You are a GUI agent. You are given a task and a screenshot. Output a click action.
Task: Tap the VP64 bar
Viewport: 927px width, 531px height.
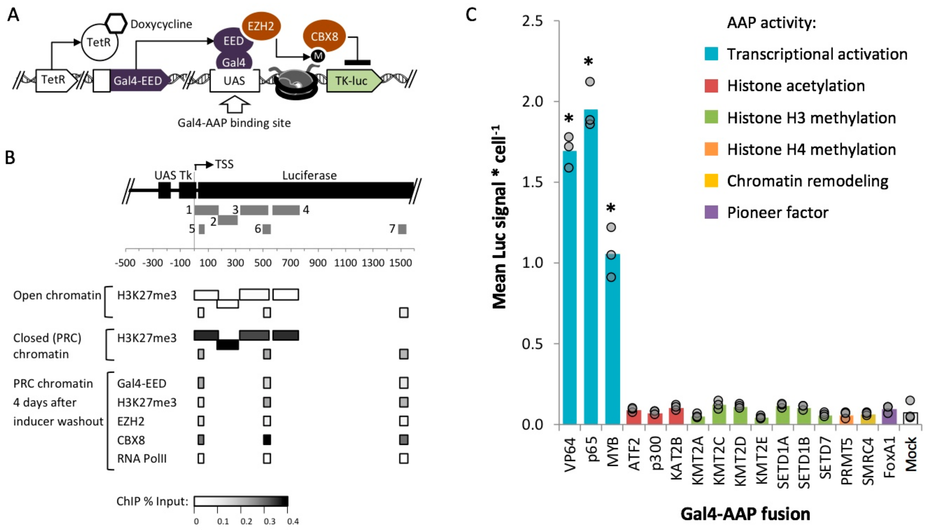(569, 288)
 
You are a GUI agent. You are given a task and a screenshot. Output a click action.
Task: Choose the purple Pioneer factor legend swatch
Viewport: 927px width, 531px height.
(711, 212)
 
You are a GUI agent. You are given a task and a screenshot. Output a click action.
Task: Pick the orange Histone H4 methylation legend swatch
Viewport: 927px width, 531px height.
(711, 149)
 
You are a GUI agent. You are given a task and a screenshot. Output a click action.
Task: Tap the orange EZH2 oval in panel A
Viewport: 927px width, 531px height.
(261, 26)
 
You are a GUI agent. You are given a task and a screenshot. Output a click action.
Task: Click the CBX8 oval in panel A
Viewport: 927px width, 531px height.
(324, 36)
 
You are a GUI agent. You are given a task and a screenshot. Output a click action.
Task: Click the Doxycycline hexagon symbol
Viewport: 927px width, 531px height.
(116, 23)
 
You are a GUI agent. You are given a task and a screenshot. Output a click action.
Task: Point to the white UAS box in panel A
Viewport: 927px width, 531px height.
(234, 80)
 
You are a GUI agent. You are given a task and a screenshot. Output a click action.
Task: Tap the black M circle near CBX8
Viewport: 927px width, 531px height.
(318, 56)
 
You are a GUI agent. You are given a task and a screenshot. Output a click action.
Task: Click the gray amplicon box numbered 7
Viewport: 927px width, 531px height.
(402, 229)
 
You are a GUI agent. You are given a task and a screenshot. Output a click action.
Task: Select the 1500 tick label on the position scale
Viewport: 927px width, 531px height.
(400, 263)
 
